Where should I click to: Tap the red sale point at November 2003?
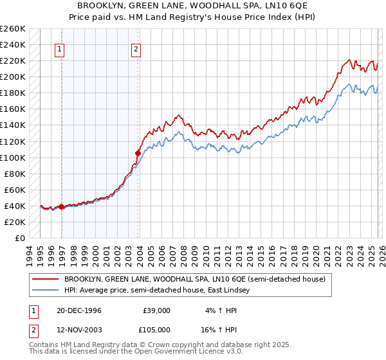(138, 153)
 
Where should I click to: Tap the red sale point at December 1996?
(62, 206)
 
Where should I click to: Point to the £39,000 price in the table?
(156, 310)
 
